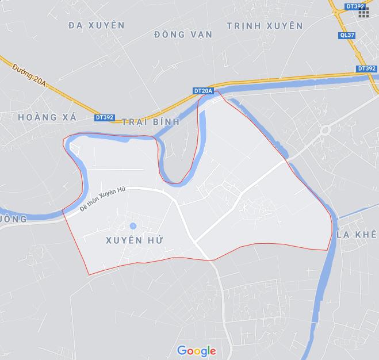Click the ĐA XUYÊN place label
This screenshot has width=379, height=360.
click(96, 25)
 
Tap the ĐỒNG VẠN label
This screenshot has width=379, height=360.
click(183, 35)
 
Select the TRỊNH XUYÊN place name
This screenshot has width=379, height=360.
click(265, 26)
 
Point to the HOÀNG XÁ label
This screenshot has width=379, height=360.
click(47, 117)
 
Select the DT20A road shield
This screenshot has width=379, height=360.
click(203, 91)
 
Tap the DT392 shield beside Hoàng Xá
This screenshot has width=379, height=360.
click(105, 117)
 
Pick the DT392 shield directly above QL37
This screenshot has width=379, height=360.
click(355, 6)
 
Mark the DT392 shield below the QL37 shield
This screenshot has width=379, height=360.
click(366, 68)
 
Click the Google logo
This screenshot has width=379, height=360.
click(196, 350)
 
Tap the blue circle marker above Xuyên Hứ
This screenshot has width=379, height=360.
click(133, 226)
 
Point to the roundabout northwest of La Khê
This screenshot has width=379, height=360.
click(325, 130)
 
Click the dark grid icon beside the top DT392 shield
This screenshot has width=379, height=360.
click(364, 13)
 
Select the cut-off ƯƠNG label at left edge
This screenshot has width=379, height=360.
click(13, 219)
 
